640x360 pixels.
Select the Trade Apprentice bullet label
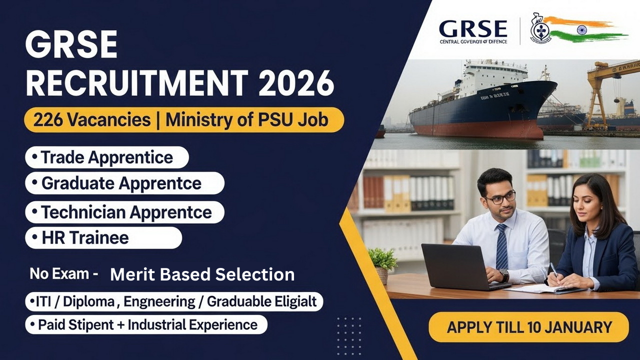tap(106, 157)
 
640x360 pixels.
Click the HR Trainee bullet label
tap(85, 238)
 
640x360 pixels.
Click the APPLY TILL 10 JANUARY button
tap(529, 327)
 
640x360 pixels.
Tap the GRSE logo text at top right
tap(472, 29)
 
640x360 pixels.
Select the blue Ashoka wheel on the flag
tap(581, 30)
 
